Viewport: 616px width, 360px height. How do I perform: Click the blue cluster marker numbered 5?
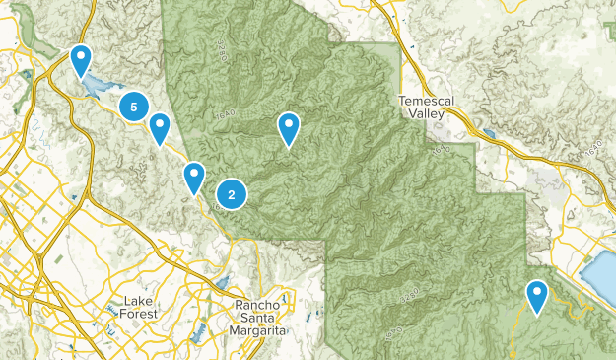(133, 106)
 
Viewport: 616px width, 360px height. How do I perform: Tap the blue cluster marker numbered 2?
(231, 194)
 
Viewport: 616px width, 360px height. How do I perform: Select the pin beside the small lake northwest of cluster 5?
(81, 59)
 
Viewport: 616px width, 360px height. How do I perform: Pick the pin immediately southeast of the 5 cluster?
(159, 127)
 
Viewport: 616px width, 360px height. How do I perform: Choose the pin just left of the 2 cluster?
(194, 177)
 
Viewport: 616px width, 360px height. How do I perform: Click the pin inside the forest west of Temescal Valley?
(288, 127)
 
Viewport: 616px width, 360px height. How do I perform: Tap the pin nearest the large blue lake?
(536, 294)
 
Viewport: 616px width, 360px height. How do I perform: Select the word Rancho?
(257, 306)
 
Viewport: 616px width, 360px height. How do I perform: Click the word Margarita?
(257, 332)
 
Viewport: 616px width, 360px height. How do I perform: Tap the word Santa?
(258, 319)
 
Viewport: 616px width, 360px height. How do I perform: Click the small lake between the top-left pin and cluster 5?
(100, 86)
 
